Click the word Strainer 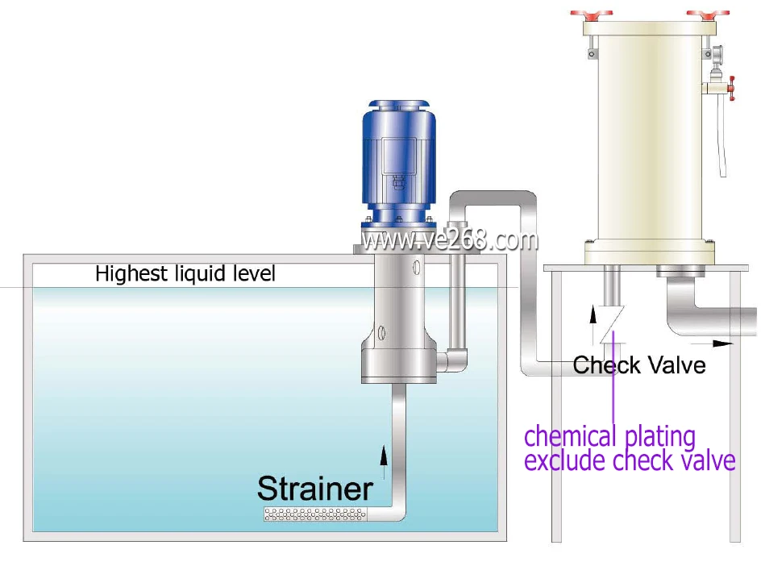tap(314, 488)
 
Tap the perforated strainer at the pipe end tap(316, 514)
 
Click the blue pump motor tap(399, 157)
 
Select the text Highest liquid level tap(185, 274)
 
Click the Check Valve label tap(639, 365)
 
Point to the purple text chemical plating tap(609, 436)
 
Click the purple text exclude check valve tap(630, 460)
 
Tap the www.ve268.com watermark tap(449, 240)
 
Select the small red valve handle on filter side tap(732, 88)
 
